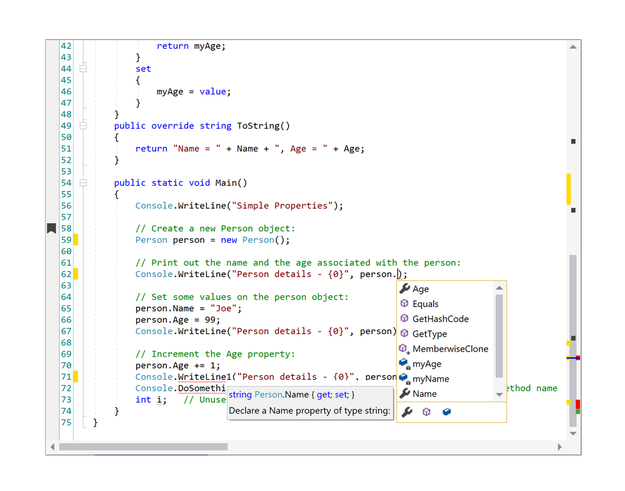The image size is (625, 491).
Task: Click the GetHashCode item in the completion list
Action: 440,319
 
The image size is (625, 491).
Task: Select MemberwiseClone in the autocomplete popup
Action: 450,349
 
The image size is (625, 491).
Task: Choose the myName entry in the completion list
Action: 431,379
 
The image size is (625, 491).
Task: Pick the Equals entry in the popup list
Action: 425,304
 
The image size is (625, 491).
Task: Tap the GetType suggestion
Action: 429,334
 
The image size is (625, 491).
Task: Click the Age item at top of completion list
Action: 421,289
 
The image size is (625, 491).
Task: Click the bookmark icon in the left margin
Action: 52,228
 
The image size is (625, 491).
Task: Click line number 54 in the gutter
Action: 66,183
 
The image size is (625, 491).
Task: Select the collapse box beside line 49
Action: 83,126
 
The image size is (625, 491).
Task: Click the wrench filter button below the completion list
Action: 406,412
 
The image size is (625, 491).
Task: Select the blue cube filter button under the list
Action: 447,412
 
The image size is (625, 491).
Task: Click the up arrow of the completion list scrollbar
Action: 499,288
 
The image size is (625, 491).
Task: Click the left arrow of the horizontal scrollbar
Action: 52,447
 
